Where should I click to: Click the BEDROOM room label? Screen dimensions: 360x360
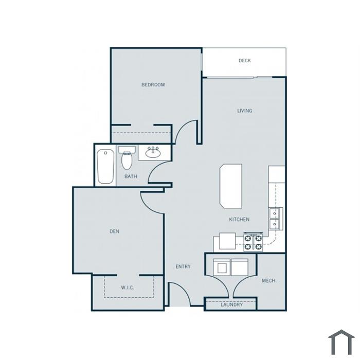point(153,85)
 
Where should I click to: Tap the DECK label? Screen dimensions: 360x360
point(244,61)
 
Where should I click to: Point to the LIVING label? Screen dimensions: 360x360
point(244,111)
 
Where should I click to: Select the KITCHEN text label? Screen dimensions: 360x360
point(239,220)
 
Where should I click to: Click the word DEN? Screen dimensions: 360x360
point(114,231)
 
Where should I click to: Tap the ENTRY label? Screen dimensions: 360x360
point(183,266)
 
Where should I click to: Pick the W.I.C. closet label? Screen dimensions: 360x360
point(128,287)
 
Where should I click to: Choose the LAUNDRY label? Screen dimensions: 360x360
point(231,304)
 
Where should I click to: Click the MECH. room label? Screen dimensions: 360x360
point(269,281)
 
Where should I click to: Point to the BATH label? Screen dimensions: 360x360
point(131,176)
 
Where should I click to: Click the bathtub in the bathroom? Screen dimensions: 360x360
point(105,167)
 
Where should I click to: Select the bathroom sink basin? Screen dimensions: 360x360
point(153,153)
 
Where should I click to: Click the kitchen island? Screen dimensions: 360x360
point(231,186)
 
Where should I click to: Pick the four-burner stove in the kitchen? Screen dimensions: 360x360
point(253,242)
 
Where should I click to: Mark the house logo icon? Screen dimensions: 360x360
point(341,342)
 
